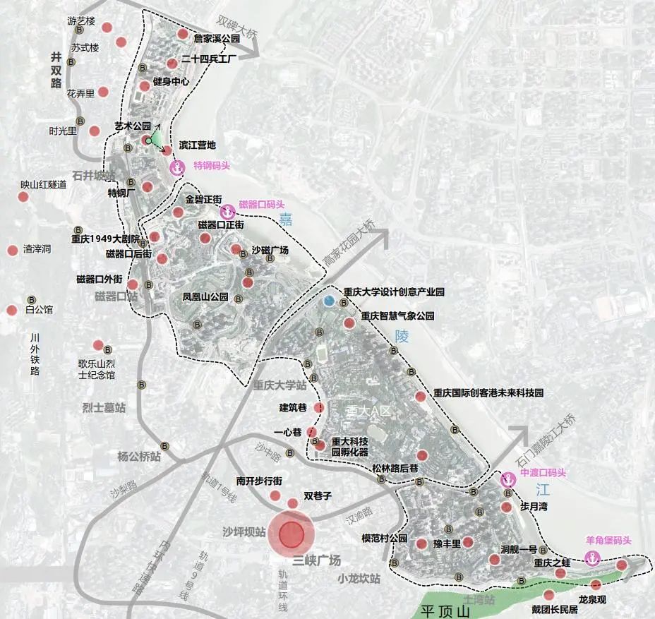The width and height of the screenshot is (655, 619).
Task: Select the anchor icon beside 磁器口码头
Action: (228, 210)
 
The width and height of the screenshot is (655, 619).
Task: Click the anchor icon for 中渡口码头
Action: (506, 480)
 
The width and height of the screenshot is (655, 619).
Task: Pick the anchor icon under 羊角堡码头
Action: (593, 559)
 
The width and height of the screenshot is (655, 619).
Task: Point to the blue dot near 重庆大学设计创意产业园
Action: (328, 301)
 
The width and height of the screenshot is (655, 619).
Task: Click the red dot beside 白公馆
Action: (11, 310)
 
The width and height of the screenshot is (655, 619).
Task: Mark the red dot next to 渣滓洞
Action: (12, 250)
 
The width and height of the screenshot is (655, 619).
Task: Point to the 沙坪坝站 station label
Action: (244, 531)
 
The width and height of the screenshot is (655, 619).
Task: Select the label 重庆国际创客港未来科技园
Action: (488, 392)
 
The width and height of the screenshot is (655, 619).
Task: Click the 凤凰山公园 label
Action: (205, 297)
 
